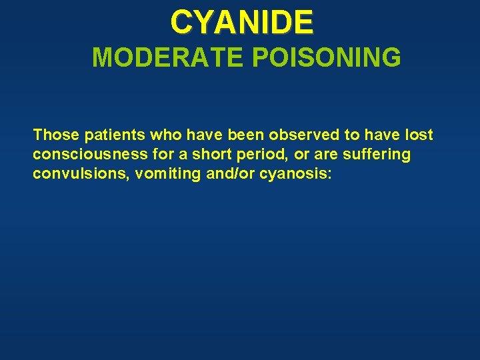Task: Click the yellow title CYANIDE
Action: (x=241, y=22)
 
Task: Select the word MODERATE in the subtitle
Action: (x=169, y=58)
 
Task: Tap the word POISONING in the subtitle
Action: (x=327, y=58)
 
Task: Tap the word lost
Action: (x=419, y=135)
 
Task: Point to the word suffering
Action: (x=377, y=155)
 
